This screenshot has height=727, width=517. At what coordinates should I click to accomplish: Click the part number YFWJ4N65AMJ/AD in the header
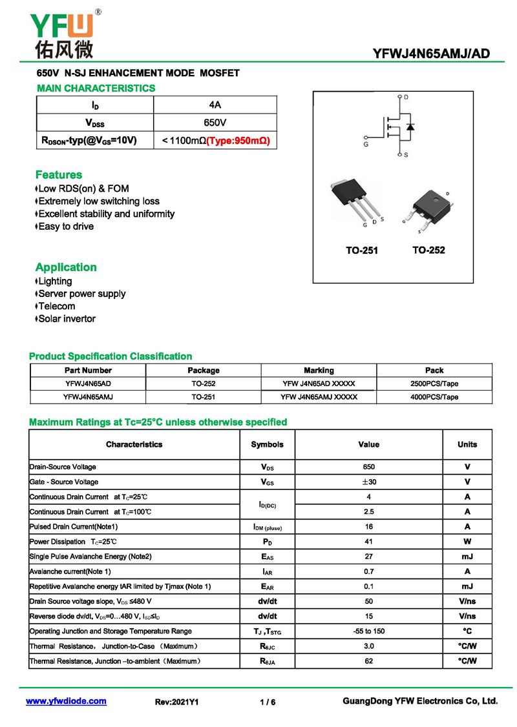coord(431,54)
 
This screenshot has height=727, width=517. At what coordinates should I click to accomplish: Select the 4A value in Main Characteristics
coord(215,105)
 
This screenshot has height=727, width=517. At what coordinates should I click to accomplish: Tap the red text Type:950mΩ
coord(238,140)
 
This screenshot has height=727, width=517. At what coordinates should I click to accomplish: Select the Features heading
coord(59,175)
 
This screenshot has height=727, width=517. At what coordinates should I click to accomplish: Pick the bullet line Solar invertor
coord(67,319)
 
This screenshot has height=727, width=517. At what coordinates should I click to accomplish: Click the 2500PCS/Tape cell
coord(434,384)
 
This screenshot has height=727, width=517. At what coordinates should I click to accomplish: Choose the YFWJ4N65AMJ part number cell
coord(89,397)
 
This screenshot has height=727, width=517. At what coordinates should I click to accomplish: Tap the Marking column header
coord(319,371)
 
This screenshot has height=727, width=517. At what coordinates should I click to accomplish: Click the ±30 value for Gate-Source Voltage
coord(368,482)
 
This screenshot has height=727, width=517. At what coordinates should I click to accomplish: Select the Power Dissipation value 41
coord(368,542)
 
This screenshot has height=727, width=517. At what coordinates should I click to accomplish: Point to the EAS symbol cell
coord(268,557)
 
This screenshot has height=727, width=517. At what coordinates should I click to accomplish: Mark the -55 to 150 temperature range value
coord(368,631)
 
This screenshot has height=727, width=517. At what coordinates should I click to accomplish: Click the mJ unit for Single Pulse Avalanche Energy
coord(467,557)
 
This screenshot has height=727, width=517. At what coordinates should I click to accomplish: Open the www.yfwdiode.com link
coord(66,701)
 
